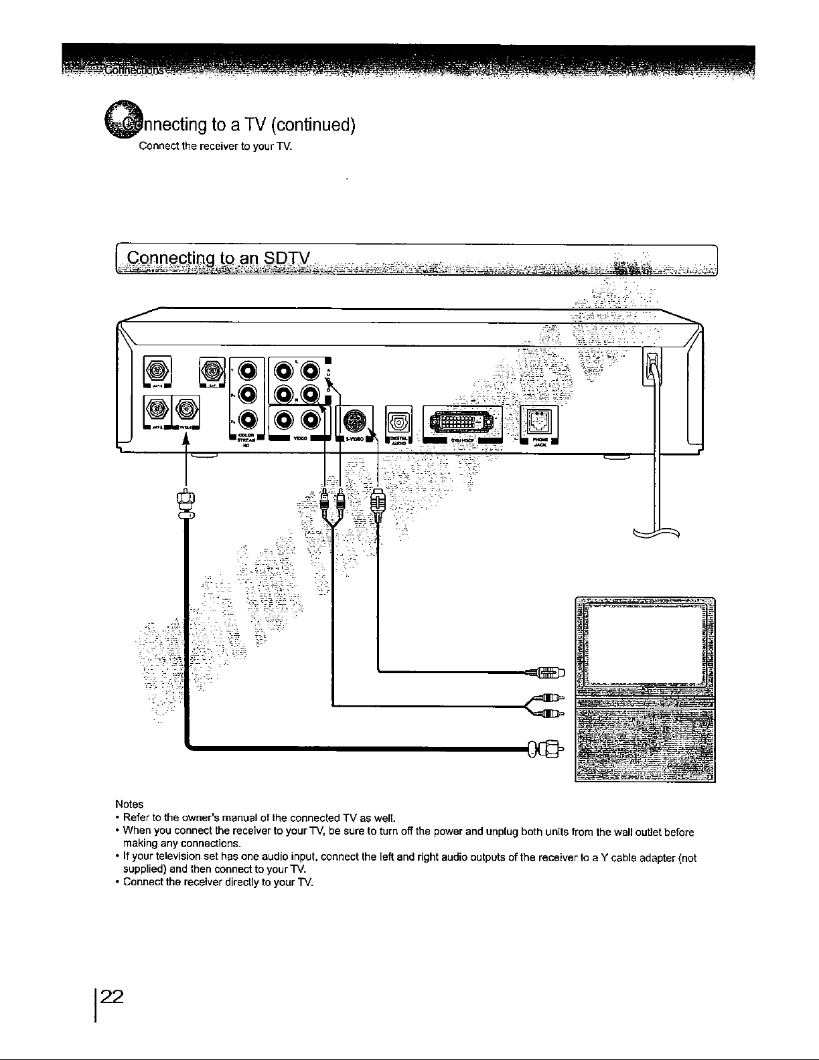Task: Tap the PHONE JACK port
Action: [x=539, y=421]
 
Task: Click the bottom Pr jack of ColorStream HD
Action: [x=247, y=420]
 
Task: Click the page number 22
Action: [x=112, y=996]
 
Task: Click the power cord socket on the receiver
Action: [x=650, y=365]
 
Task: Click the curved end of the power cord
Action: [x=656, y=533]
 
